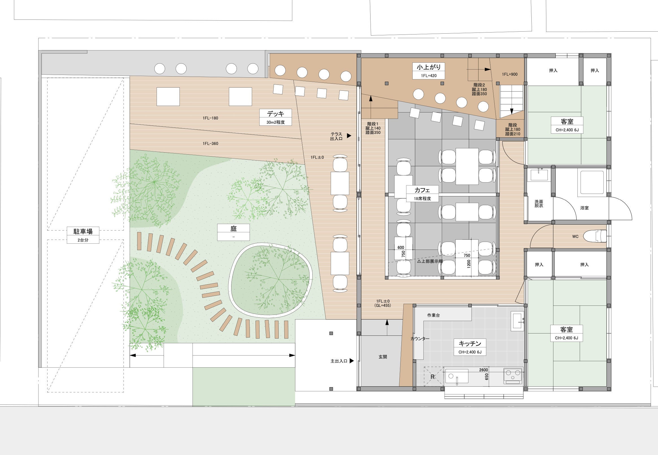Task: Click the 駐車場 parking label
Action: pos(83,231)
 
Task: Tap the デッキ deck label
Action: pos(275,114)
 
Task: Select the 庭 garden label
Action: pos(233,228)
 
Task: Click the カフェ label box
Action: pos(422,194)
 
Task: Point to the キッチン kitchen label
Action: pos(470,344)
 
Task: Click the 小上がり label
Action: pos(429,67)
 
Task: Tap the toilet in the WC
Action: pos(595,236)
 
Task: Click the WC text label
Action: pos(575,237)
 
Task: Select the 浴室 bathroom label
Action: pos(585,208)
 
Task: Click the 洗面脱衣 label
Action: pos(539,203)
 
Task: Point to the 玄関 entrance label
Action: pos(383,357)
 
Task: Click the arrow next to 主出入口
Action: pos(352,361)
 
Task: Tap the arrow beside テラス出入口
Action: pos(349,136)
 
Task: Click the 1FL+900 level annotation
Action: pos(510,74)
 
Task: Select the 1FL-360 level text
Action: pos(210,143)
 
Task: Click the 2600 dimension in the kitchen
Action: pos(484,370)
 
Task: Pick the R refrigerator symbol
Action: pos(432,377)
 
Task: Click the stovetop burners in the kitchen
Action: pos(513,375)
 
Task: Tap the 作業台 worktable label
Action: pos(433,315)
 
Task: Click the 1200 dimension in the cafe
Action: pos(469,263)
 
